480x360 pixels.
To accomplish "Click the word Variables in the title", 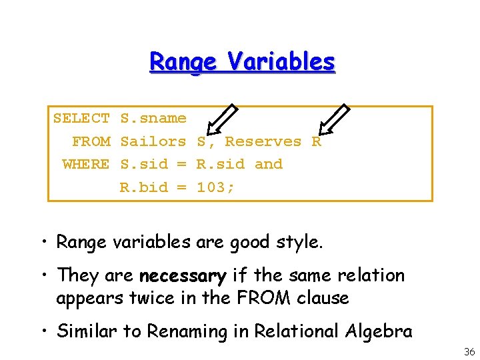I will point(281,62).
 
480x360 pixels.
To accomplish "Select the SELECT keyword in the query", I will point(81,119).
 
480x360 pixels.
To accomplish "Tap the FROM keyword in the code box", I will point(91,141).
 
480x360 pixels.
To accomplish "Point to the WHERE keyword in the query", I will point(86,164).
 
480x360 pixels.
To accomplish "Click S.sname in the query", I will point(153,119).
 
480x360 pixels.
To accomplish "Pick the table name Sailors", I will point(153,141).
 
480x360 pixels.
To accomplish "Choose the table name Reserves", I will point(263,141).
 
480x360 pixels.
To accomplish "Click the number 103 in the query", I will point(212,187).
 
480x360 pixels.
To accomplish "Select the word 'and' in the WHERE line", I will point(269,164).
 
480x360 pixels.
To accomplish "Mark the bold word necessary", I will point(183,275).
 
